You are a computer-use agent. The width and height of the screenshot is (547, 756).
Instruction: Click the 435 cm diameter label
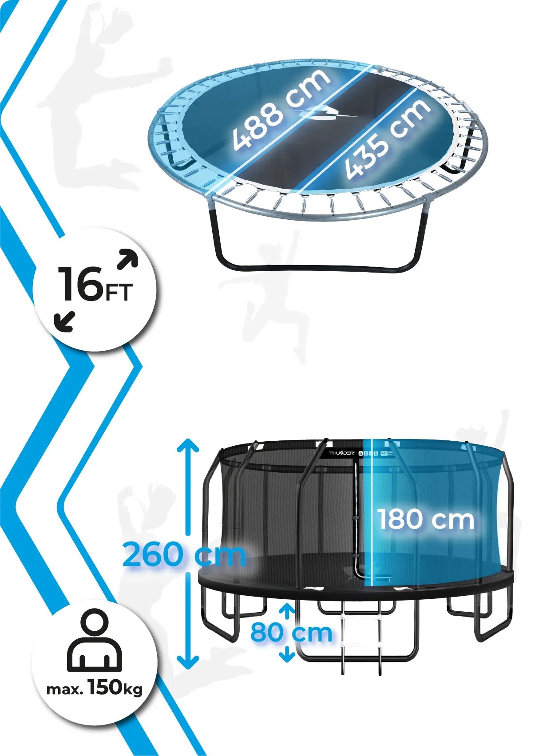(388, 139)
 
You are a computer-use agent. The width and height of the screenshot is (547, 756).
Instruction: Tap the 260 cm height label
(183, 554)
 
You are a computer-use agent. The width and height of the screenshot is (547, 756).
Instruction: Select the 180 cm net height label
(426, 519)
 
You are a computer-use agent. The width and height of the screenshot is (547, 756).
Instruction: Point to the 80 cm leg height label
(291, 633)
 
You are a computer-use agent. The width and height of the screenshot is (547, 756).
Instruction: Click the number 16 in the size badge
(80, 284)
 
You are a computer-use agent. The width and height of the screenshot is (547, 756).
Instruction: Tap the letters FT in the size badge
(118, 293)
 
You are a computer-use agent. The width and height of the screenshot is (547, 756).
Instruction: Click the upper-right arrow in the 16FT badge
(128, 259)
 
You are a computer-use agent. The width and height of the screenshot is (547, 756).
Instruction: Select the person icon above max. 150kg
(95, 640)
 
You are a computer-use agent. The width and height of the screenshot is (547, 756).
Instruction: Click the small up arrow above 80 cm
(287, 610)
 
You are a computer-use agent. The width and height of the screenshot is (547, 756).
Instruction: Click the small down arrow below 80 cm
(287, 655)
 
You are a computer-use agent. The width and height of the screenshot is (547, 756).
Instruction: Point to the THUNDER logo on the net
(341, 453)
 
